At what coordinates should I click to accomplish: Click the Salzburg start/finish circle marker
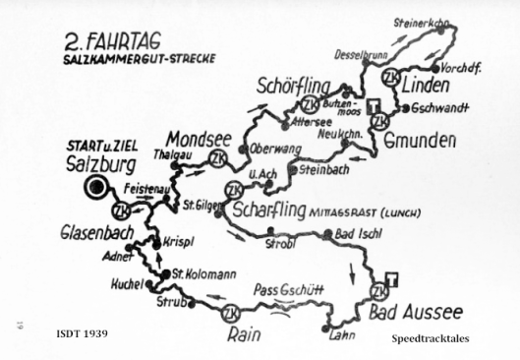coord(96,188)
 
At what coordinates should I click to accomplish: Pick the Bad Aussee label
coord(416,313)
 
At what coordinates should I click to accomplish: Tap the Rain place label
coord(249,332)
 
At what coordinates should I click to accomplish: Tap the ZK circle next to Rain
coord(230,313)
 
